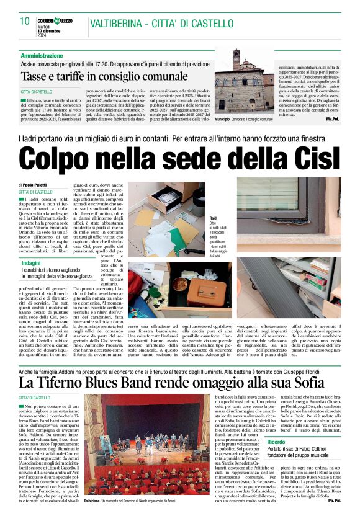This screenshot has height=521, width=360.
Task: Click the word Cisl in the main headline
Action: (300, 159)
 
